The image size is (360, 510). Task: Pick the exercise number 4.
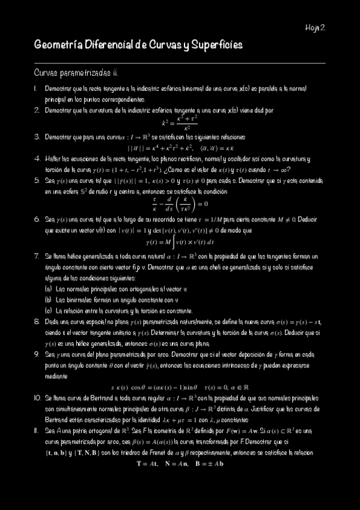click(x=37, y=159)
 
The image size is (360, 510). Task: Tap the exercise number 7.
click(x=37, y=256)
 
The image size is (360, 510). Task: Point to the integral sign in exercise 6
click(x=160, y=242)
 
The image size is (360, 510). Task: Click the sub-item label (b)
click(x=48, y=299)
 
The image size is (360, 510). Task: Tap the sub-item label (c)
click(x=48, y=310)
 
